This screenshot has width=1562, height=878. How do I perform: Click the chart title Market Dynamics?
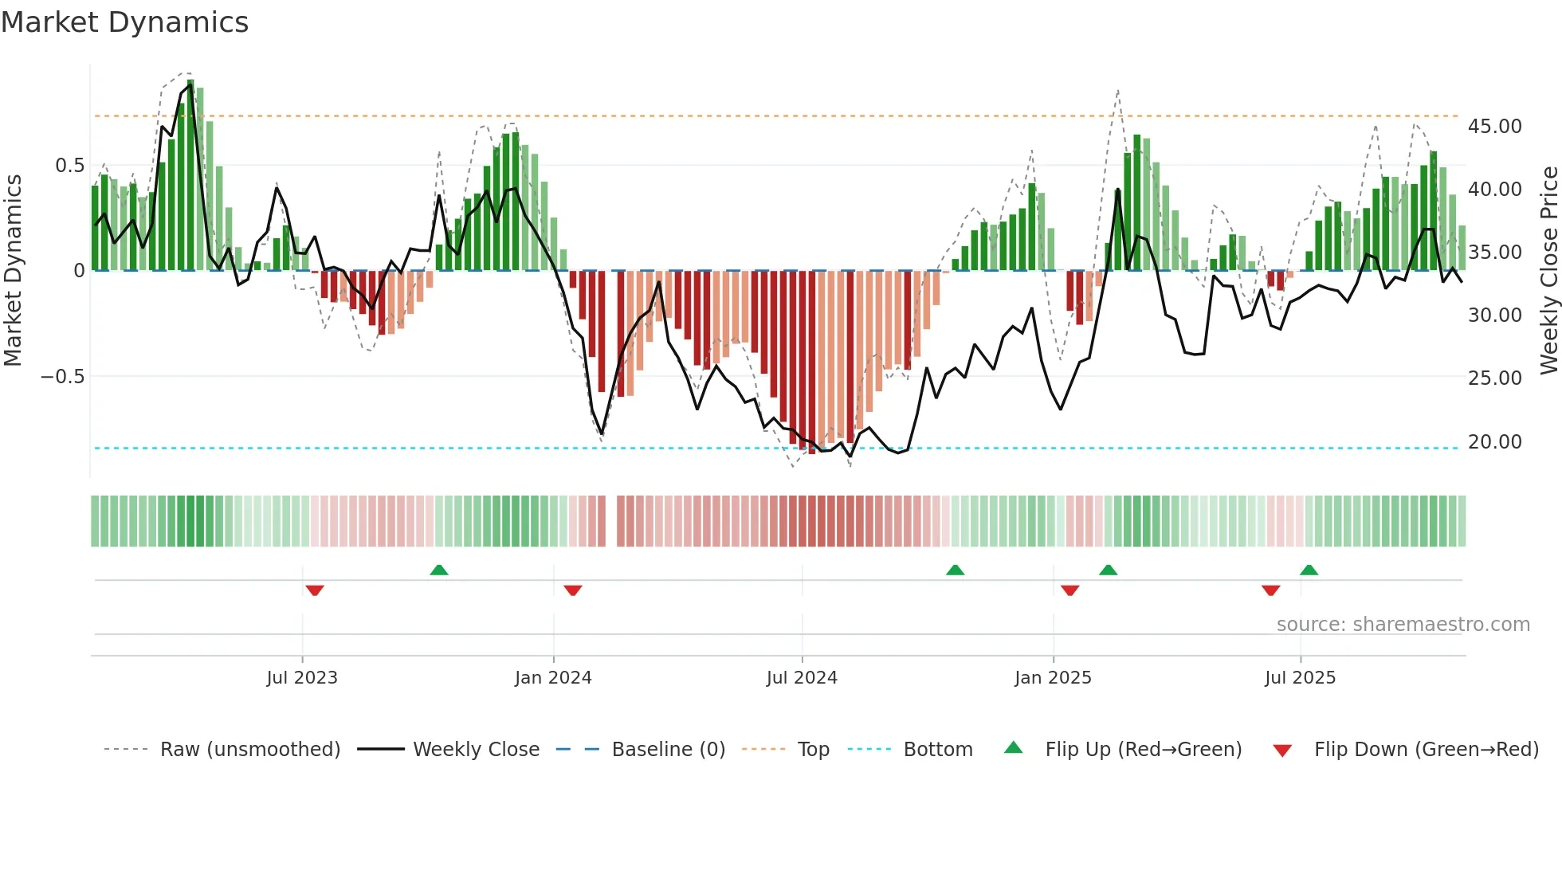point(124,22)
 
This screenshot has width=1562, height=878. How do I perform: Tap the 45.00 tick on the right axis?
point(1494,127)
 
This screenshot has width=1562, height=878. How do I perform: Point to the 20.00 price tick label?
point(1494,442)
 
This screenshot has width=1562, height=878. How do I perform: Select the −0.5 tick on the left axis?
point(63,377)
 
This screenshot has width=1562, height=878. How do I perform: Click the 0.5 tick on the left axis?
point(69,166)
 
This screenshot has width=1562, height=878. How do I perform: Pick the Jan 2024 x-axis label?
point(553,678)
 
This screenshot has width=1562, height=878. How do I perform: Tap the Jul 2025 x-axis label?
point(1300,678)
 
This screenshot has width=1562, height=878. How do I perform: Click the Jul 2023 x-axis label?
point(302,678)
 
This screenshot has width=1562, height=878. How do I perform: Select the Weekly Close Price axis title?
point(1548,270)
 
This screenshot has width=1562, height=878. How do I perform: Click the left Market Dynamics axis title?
point(13,270)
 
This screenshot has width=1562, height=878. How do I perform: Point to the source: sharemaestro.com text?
point(1403,625)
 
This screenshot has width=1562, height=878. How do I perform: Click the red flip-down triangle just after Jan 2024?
point(573,590)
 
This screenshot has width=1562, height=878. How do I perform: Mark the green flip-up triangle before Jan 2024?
point(439,570)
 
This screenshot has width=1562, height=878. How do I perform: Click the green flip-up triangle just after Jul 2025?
point(1309,570)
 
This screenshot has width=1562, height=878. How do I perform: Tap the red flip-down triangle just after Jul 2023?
point(315,590)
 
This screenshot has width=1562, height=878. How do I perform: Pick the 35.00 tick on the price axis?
point(1494,253)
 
